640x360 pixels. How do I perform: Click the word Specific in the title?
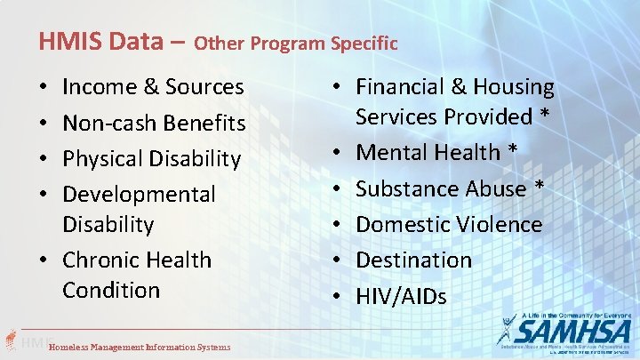364,43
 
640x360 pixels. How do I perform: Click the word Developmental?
139,194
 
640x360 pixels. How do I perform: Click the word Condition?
111,290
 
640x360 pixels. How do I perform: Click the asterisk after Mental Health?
513,151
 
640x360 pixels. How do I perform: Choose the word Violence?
500,224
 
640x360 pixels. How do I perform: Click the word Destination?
413,260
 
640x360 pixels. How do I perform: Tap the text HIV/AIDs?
401,296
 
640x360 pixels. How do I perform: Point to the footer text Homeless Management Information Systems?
140,348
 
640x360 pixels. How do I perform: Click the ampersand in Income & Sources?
150,87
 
